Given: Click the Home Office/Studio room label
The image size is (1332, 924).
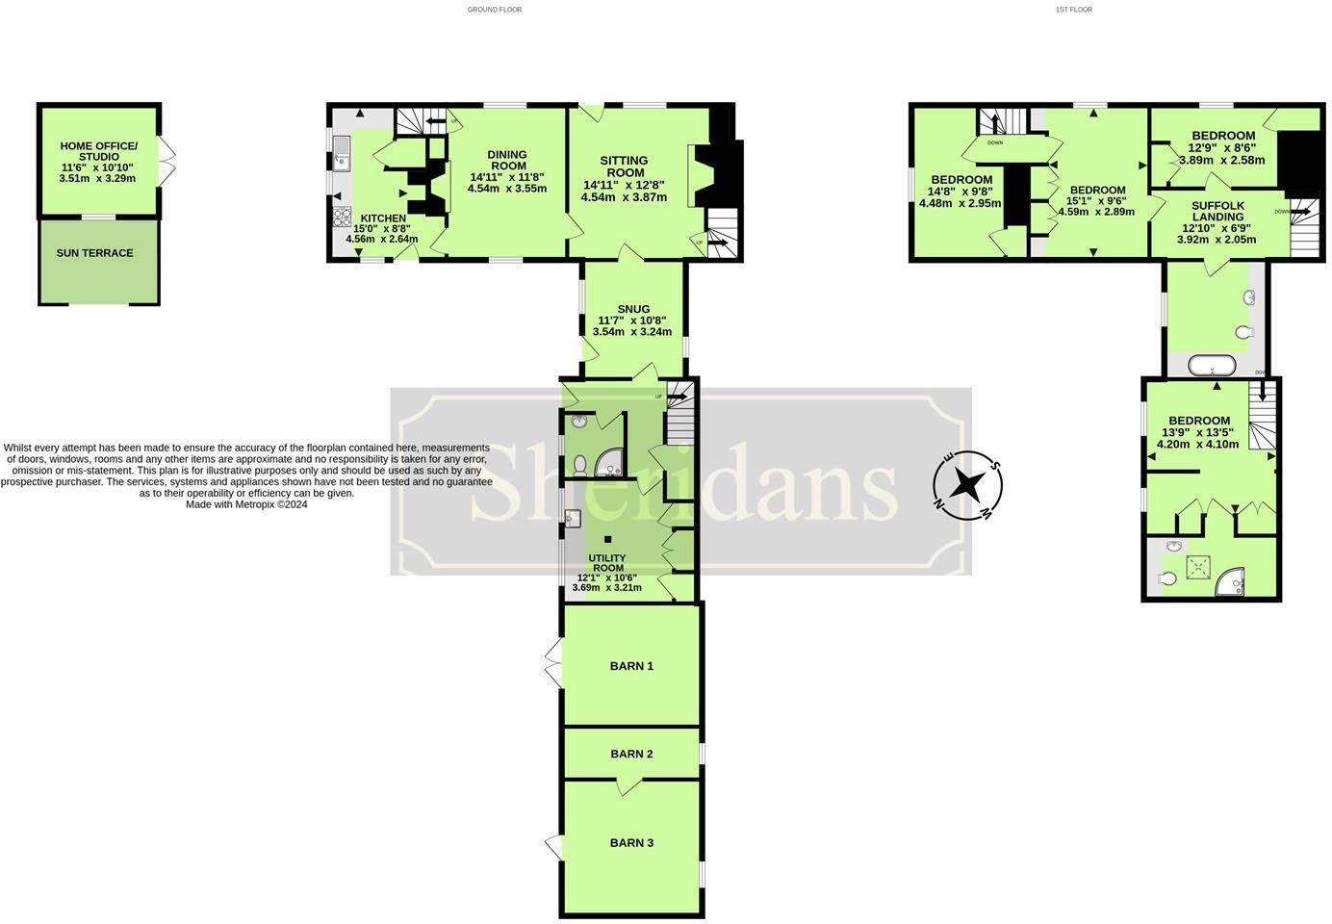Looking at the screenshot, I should (x=98, y=151).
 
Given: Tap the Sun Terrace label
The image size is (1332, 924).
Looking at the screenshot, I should (x=94, y=253).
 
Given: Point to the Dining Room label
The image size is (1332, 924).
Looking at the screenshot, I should (x=507, y=160).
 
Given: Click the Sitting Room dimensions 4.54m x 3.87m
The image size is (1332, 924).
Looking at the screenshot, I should (x=624, y=197).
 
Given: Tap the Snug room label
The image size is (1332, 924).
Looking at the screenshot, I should (x=633, y=309).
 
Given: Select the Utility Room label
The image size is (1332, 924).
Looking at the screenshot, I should (x=607, y=563).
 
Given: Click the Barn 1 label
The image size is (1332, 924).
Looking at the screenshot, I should (x=631, y=666).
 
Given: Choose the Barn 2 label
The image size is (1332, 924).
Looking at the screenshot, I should (x=631, y=754).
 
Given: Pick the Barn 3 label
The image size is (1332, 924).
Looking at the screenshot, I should (x=631, y=843).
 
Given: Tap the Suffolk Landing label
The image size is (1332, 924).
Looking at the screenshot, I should (x=1217, y=211).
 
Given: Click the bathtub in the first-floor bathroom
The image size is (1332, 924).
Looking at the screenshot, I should (x=1212, y=366).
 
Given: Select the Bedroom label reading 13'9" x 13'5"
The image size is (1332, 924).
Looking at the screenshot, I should (x=1199, y=421).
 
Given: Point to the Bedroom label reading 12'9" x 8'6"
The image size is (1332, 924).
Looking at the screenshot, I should (x=1222, y=136).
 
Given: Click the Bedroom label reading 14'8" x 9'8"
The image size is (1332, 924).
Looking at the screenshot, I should (x=961, y=180).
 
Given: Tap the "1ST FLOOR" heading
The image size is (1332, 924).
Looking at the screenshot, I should (x=1074, y=10).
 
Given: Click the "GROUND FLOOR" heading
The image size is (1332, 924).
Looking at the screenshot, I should (x=495, y=10).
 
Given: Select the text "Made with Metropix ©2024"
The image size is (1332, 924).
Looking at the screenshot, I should (x=246, y=504).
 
